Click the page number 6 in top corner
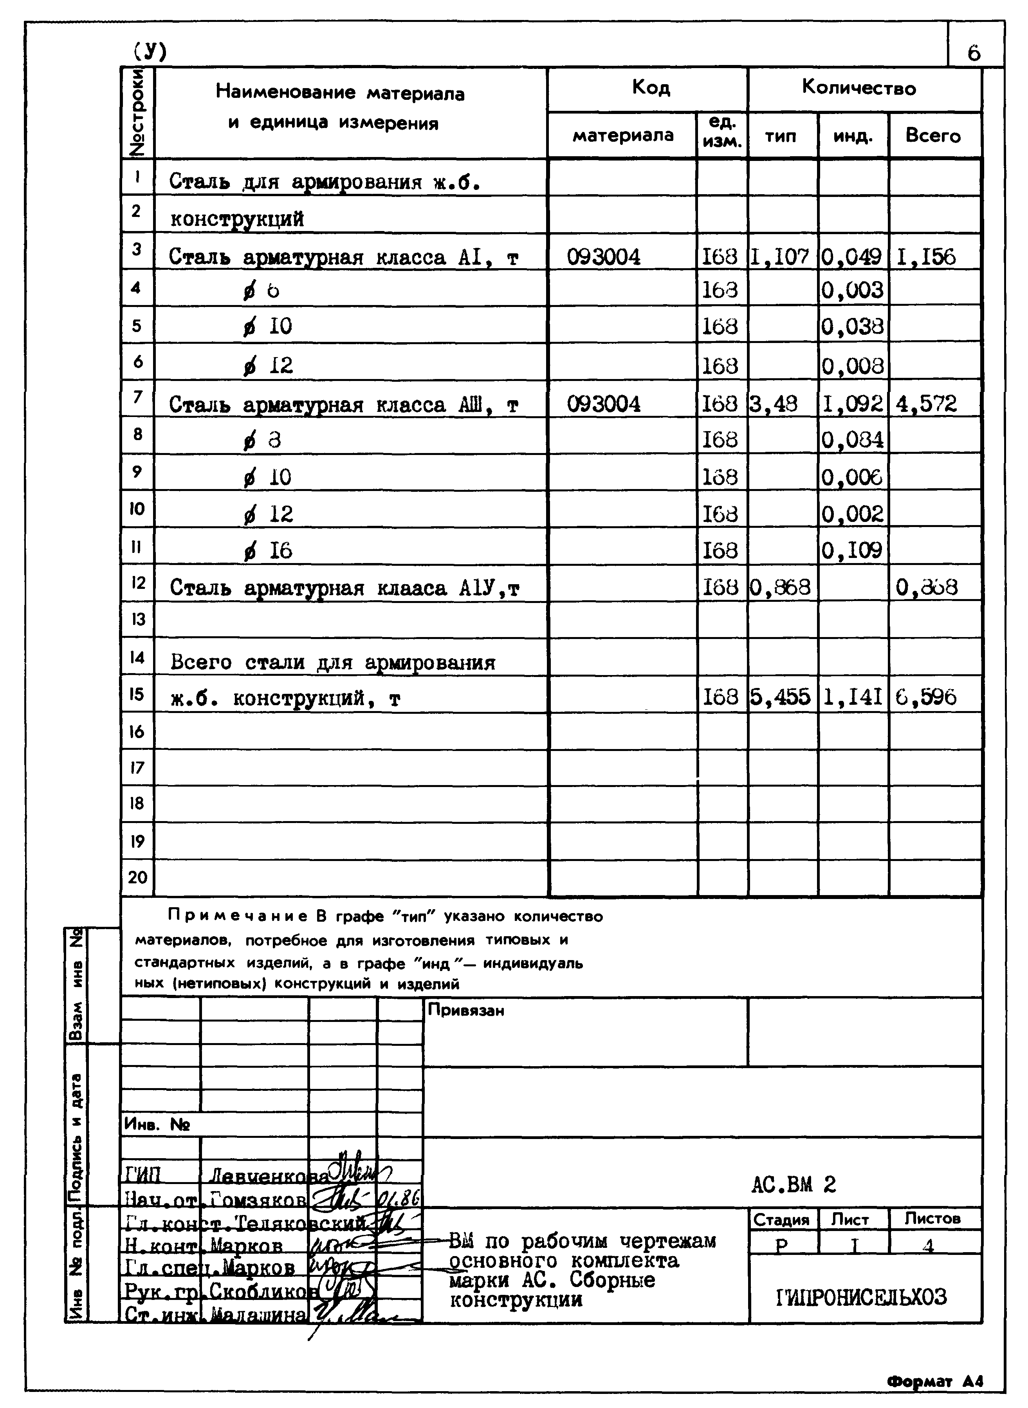tap(974, 53)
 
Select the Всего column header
tap(933, 136)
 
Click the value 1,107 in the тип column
tap(780, 256)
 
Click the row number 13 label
tap(137, 619)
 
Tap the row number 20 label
tap(137, 878)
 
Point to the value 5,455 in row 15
tap(780, 697)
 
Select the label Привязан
tap(465, 1010)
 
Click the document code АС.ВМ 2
tap(794, 1184)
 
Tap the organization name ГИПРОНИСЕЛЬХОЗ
tap(862, 1297)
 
